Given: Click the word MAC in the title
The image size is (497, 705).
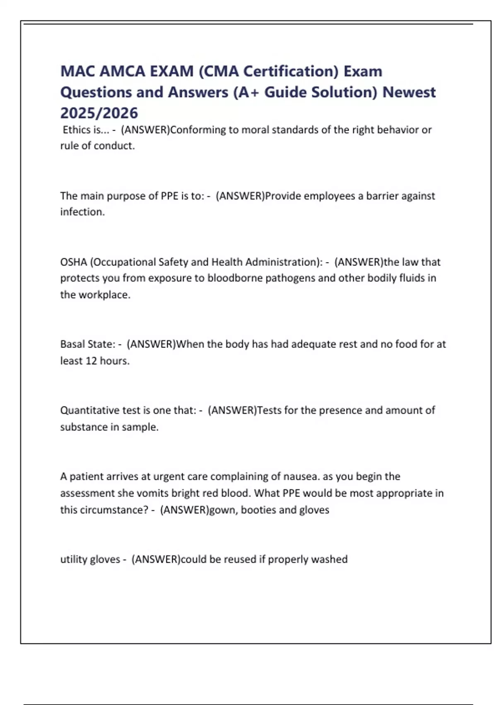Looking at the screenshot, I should [x=78, y=71].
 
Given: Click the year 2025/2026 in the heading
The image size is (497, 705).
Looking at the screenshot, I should [x=99, y=113].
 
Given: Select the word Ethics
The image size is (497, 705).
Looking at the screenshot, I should [x=76, y=130].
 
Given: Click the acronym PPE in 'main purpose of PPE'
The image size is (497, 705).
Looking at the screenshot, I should [x=169, y=196].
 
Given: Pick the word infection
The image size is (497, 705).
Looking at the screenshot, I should [x=82, y=212].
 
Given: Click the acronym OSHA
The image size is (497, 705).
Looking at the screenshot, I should [x=73, y=262].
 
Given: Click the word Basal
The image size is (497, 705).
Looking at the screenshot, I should [x=73, y=344].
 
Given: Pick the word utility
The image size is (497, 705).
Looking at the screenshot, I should [x=73, y=559].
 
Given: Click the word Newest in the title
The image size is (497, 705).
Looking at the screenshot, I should [x=409, y=92].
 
